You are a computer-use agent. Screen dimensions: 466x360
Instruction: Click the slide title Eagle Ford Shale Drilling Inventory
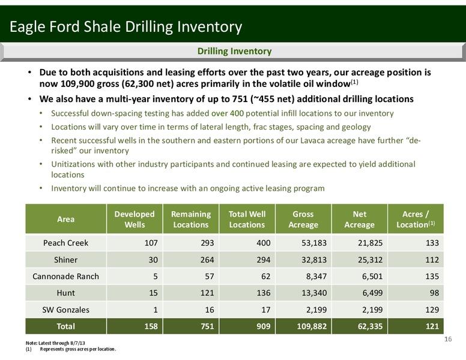[126, 27]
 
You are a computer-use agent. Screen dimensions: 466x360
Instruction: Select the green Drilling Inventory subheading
[234, 51]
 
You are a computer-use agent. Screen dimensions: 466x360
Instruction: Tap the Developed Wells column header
[135, 219]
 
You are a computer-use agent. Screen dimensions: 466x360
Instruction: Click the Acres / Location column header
[416, 219]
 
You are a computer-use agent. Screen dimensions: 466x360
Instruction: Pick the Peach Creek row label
[65, 243]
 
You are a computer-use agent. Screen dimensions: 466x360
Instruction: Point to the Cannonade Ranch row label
[65, 277]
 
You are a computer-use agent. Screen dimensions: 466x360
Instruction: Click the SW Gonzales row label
[65, 310]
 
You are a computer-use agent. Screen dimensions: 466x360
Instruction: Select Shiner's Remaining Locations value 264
[207, 260]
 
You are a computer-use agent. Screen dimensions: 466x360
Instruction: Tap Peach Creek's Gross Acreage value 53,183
[314, 243]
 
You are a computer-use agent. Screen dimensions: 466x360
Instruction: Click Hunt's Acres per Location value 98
[434, 293]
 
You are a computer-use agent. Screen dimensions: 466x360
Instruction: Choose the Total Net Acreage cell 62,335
[371, 326]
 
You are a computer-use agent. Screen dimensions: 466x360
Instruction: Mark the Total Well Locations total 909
[263, 326]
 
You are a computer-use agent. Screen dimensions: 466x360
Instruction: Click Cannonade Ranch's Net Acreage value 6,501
[372, 277]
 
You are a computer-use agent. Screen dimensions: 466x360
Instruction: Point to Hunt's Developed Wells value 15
[153, 293]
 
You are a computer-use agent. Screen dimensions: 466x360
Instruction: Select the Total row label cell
[65, 326]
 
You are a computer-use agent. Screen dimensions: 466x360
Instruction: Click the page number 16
[448, 339]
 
